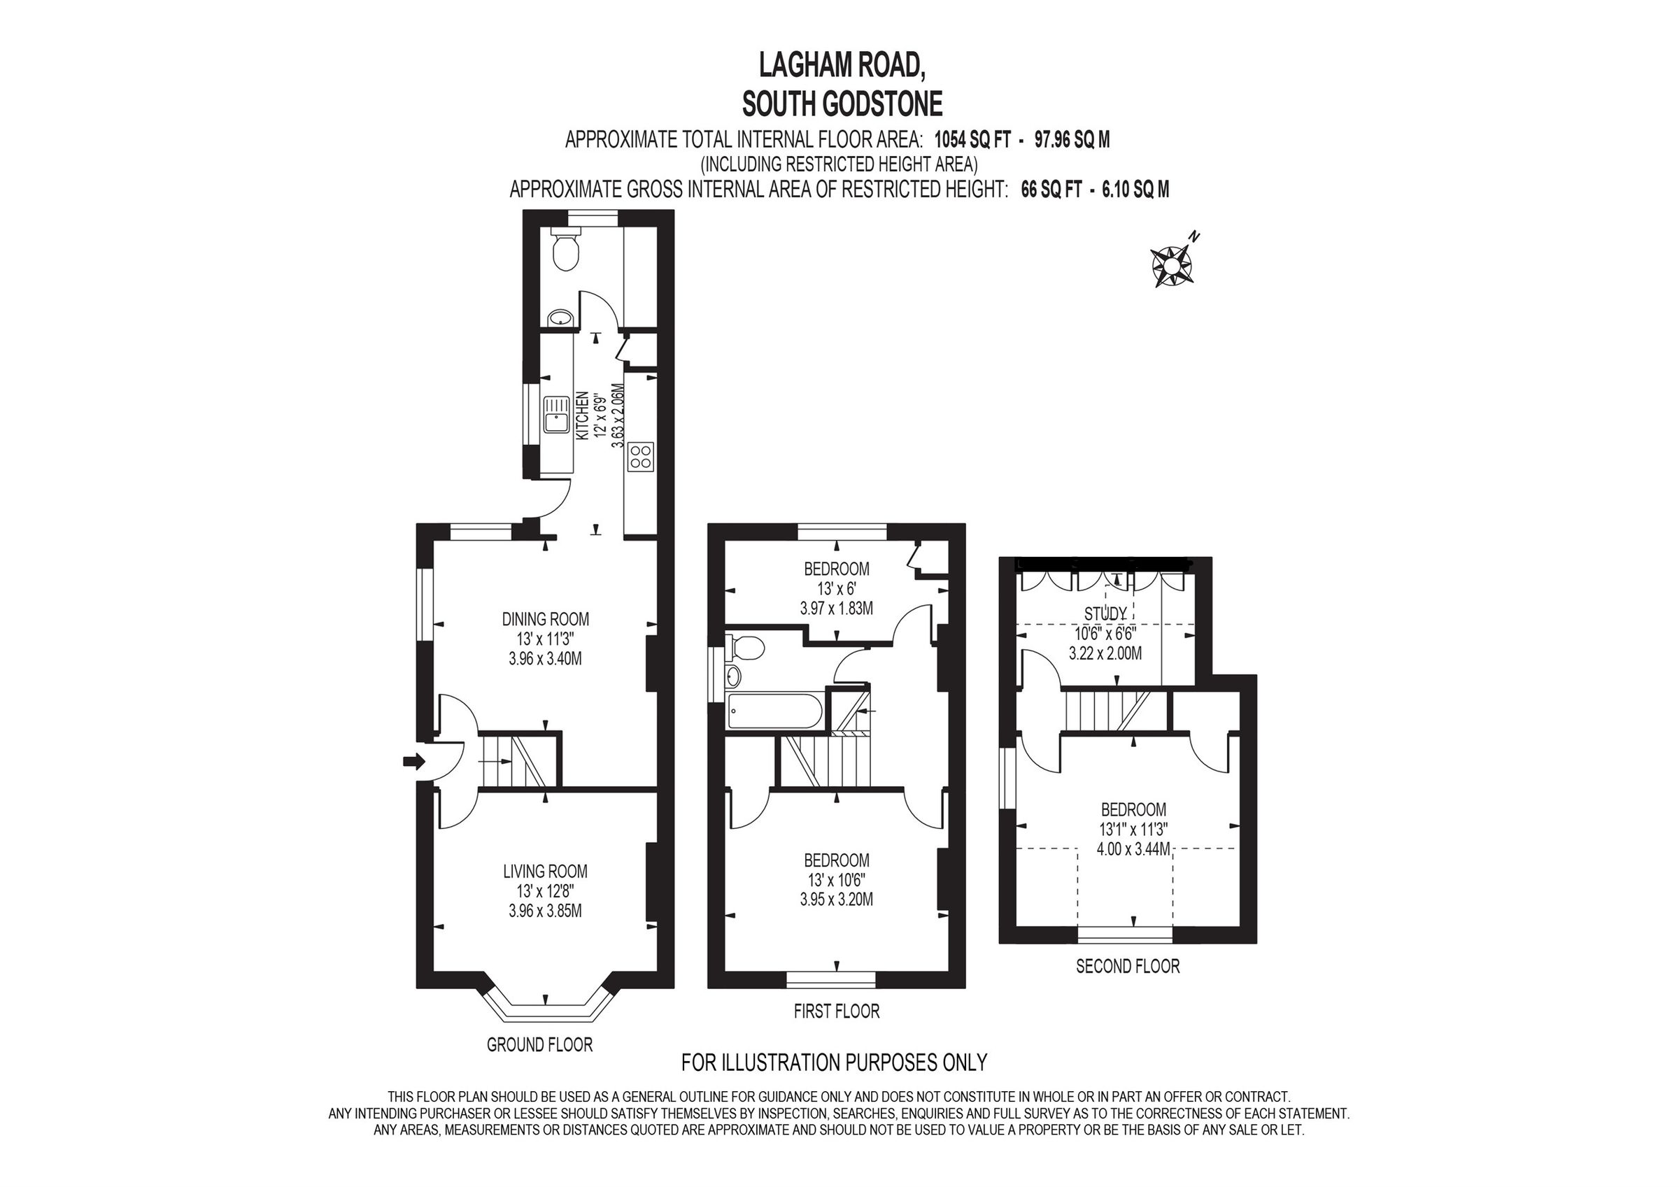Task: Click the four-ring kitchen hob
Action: [x=641, y=456]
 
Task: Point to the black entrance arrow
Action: [x=414, y=762]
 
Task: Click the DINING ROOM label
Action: [x=545, y=620]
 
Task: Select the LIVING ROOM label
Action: [x=545, y=871]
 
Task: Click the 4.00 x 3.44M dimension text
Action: [x=1133, y=849]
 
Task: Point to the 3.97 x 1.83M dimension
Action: [x=837, y=608]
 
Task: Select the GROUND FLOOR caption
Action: [x=539, y=1044]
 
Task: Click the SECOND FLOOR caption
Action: [x=1128, y=966]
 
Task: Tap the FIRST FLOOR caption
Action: [x=837, y=1011]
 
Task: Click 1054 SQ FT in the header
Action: [x=972, y=140]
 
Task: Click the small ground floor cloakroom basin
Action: [x=561, y=318]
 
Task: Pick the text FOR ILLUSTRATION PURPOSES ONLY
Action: [x=834, y=1062]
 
